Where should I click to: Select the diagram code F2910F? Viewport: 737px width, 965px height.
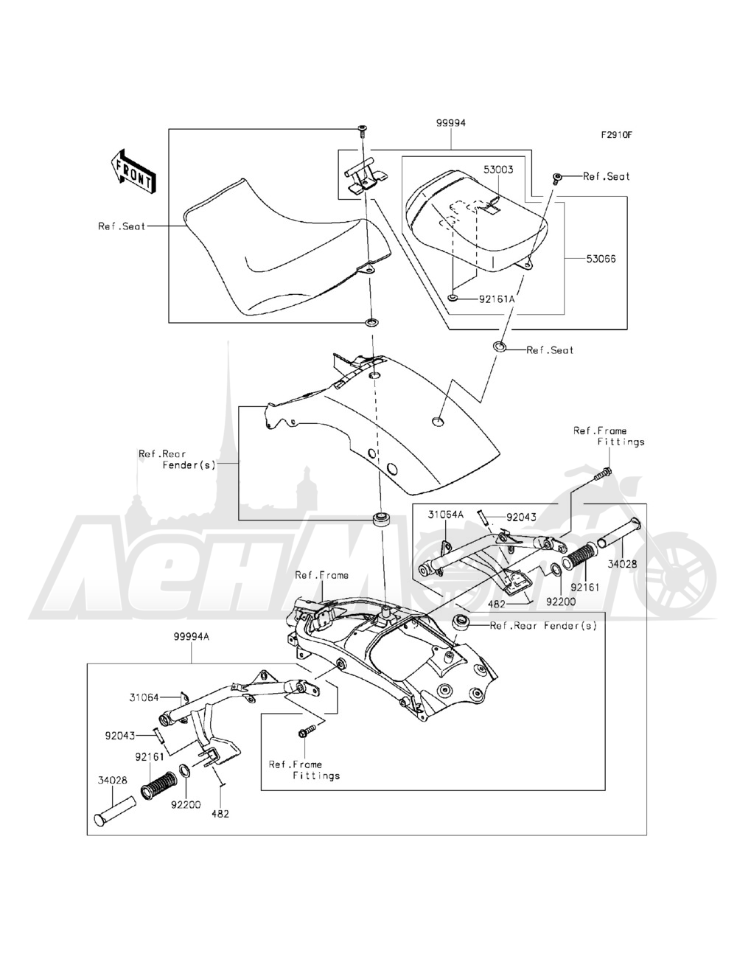(617, 135)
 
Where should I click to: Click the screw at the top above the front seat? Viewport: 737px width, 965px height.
(363, 130)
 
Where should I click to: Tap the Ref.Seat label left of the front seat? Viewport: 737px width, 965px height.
(122, 226)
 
